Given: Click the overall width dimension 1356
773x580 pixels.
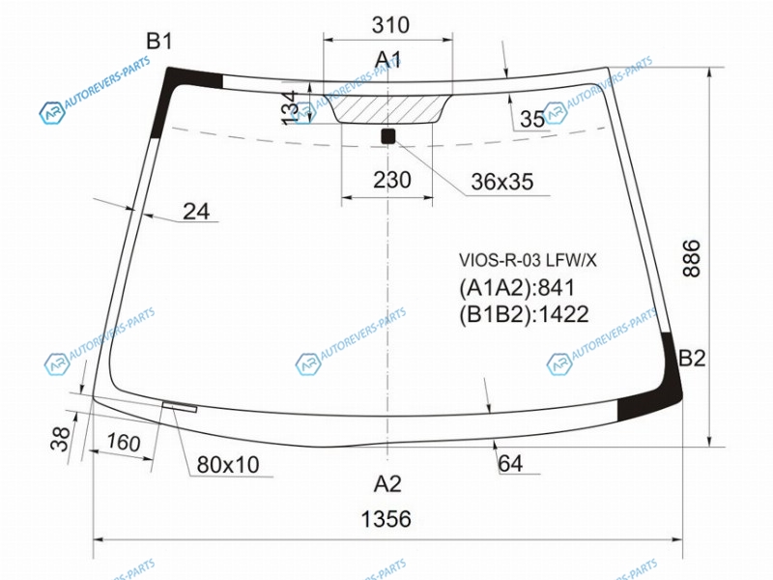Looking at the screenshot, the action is coord(386,519).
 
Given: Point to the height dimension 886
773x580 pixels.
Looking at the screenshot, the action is coord(692,258).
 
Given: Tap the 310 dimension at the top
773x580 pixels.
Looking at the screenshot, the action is coord(390,25).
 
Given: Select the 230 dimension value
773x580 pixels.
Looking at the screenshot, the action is coord(392,180).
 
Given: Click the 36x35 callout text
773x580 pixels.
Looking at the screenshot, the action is coord(501,182).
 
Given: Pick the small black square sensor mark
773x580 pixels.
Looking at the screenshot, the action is coord(388,135).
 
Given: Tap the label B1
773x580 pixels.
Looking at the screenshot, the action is coord(159,41).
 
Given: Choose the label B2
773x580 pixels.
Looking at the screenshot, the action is coord(692,359).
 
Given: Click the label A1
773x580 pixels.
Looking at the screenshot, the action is coord(387,60).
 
